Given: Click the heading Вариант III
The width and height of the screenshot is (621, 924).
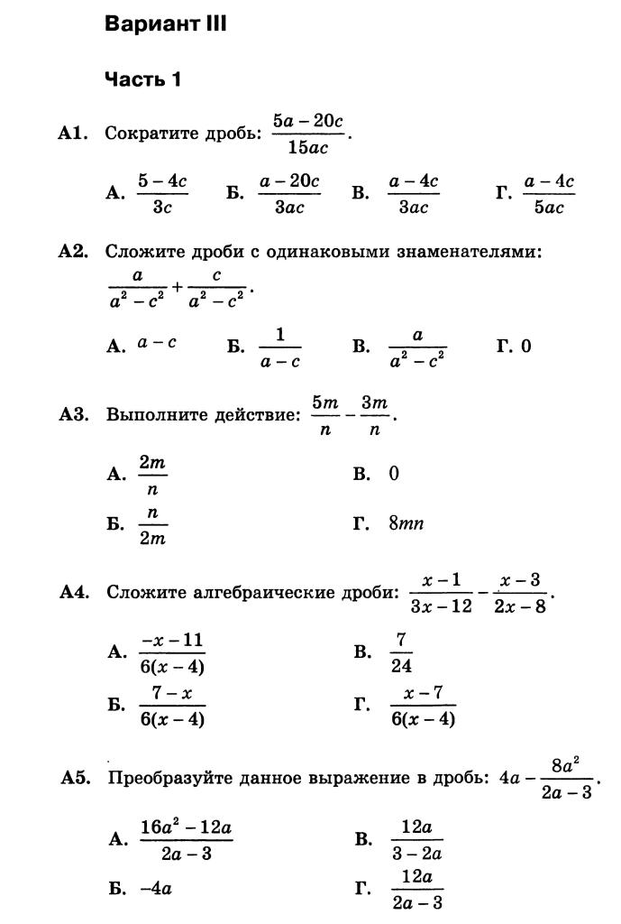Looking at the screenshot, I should [166, 24].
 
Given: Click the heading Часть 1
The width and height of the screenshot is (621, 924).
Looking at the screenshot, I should [143, 79].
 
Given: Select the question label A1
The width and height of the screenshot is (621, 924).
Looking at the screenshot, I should [73, 134].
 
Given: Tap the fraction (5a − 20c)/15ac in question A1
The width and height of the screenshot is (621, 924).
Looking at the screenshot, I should [308, 134].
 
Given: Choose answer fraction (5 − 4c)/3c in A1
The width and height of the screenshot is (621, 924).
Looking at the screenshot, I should [162, 194].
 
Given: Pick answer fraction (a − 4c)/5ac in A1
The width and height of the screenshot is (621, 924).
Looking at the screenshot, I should [548, 194].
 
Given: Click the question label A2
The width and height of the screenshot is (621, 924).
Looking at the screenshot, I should [73, 252].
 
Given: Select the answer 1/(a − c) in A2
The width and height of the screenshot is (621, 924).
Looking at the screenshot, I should [279, 347].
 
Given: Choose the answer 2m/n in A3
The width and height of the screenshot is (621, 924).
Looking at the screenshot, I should [152, 475].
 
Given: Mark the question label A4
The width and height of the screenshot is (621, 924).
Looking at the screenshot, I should [73, 593].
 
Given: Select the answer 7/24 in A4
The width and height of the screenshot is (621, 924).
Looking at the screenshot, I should [401, 652].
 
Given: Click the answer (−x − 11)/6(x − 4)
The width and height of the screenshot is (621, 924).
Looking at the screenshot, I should [172, 652].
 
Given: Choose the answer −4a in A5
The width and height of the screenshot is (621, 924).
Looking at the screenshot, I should [156, 888].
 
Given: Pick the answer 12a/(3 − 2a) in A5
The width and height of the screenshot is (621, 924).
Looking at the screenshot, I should [417, 840].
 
